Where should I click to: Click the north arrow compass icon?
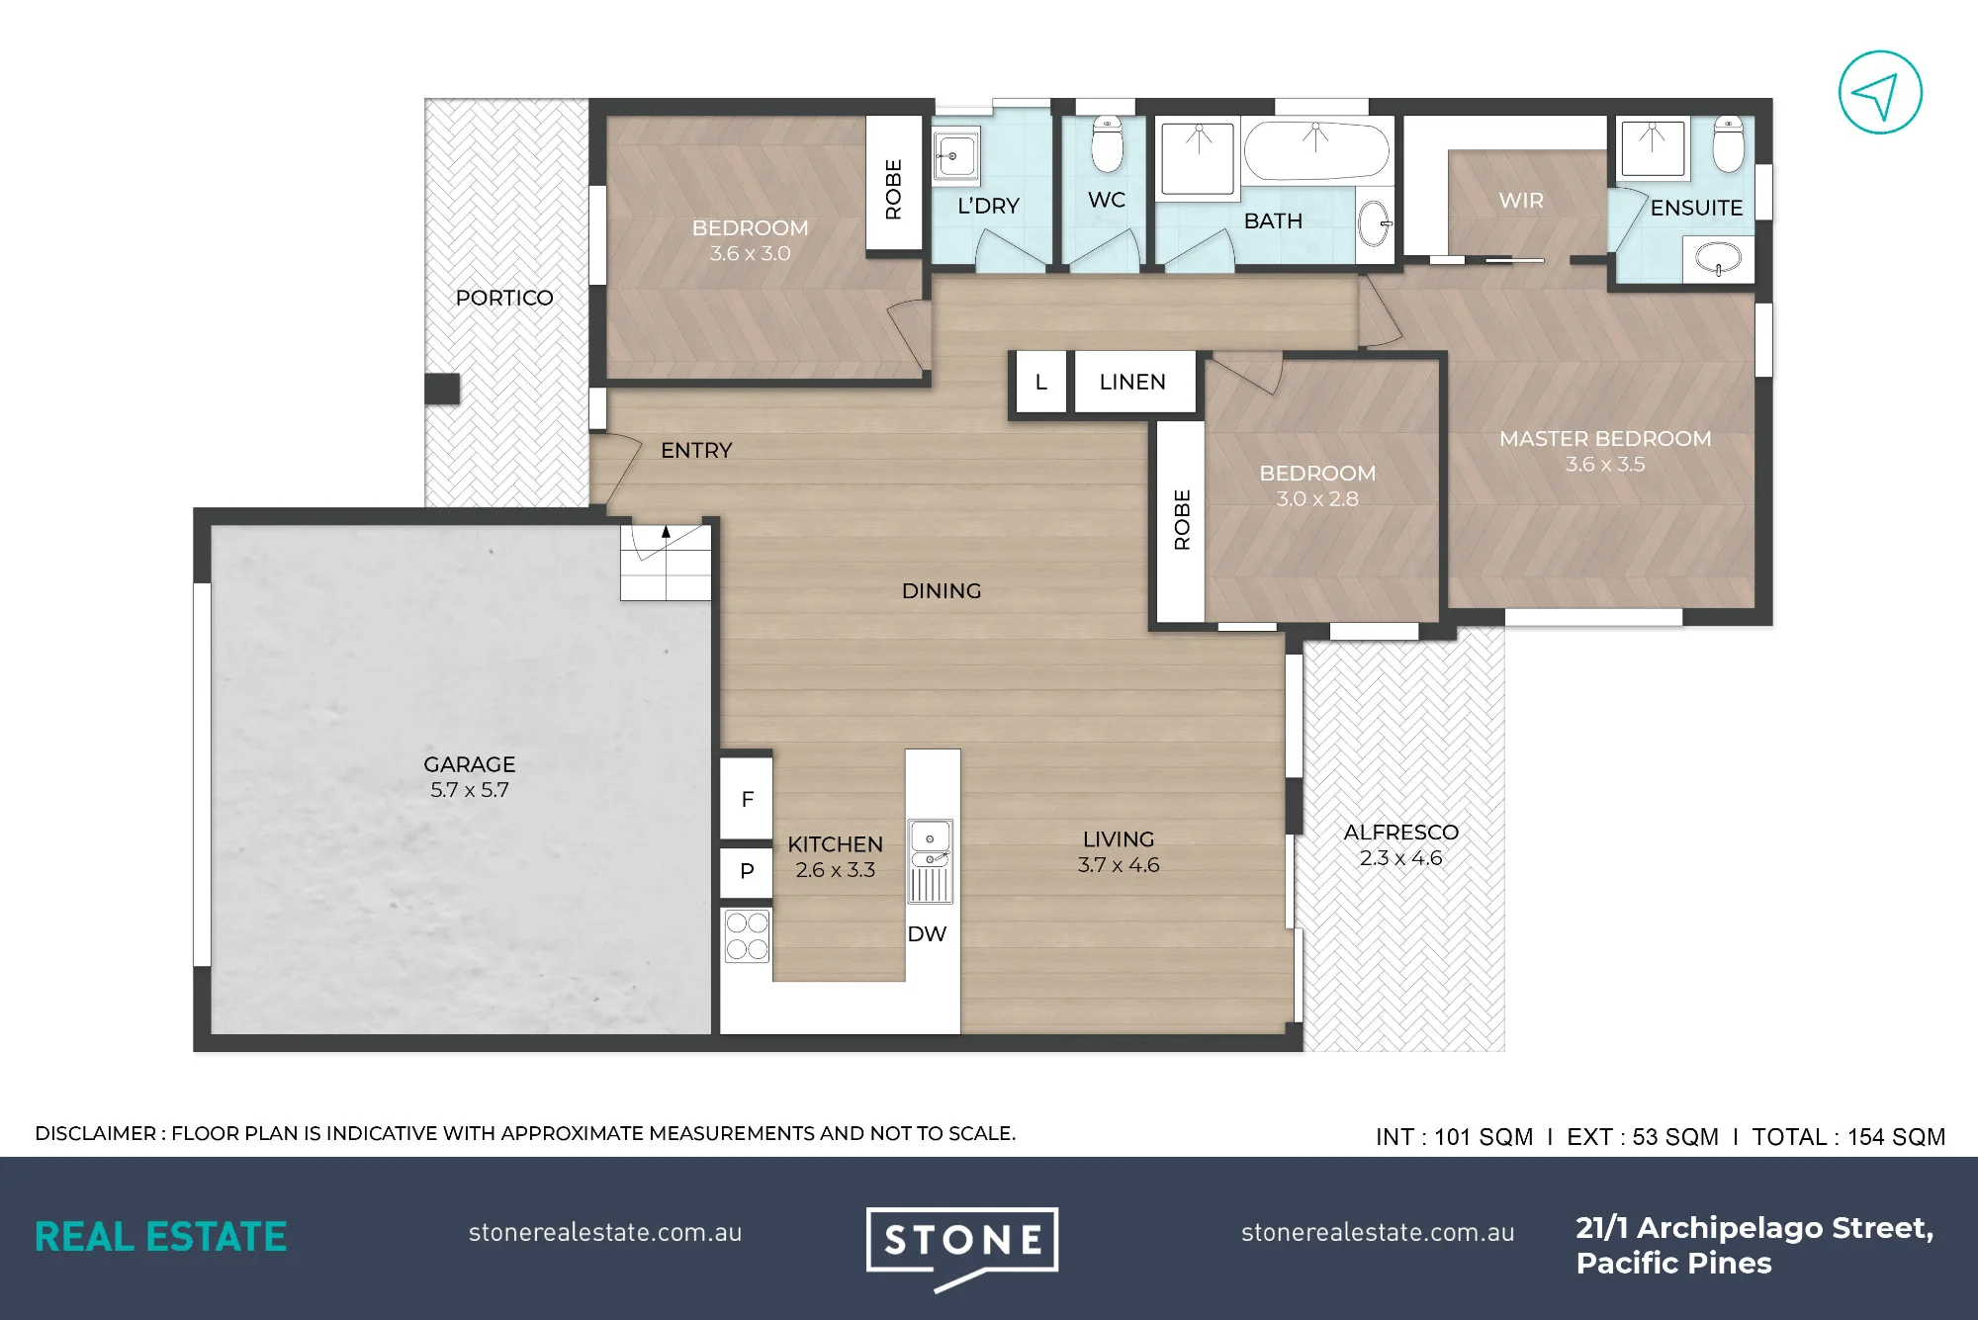click(1880, 93)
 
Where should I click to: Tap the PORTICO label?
click(504, 298)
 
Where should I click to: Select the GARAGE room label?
click(469, 764)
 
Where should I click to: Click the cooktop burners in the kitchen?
click(747, 935)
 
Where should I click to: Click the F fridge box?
click(747, 799)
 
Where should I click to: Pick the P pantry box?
click(747, 871)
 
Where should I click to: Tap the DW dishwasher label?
click(927, 933)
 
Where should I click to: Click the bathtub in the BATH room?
click(1316, 151)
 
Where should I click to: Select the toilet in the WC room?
click(1108, 144)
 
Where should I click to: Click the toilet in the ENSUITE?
click(1729, 144)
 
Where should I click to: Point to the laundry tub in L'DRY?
click(955, 154)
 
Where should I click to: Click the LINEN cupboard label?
click(1132, 382)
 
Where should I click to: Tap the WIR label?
click(1521, 201)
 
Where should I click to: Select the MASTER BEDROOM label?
click(1605, 438)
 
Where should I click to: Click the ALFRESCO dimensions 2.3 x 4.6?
click(1400, 858)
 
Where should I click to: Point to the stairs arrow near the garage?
click(666, 531)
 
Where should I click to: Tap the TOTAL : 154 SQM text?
click(1848, 1137)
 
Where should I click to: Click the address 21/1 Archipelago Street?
click(1754, 1228)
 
